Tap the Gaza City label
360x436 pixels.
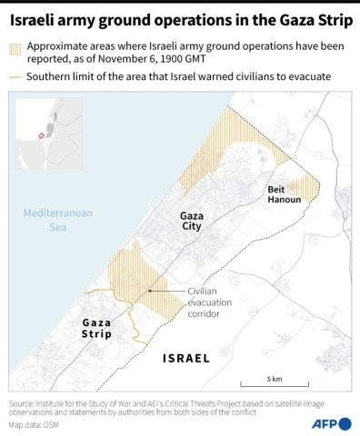(191, 221)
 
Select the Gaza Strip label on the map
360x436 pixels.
(97, 328)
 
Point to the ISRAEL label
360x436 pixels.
(185, 358)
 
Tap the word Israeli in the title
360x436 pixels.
(37, 15)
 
